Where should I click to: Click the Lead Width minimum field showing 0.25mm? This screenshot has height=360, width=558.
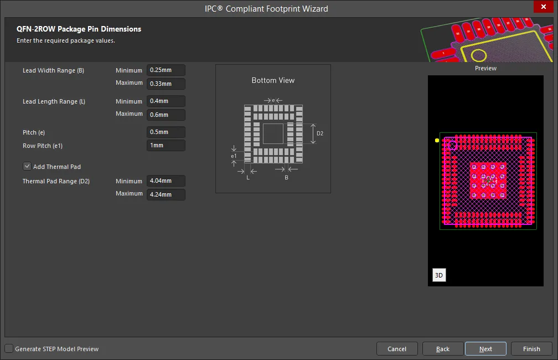(x=166, y=70)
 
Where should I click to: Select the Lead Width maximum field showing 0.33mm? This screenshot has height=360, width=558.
(x=166, y=84)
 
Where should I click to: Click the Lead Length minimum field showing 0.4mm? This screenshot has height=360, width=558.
(x=166, y=101)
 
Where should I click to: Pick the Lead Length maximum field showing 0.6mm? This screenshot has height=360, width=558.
(x=166, y=115)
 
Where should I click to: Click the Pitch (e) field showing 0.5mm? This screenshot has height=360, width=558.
(x=166, y=132)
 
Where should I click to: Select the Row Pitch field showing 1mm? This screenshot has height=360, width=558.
(x=166, y=145)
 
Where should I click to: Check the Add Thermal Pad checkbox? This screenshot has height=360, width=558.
(x=27, y=166)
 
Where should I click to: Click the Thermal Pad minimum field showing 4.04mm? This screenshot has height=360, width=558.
(x=166, y=181)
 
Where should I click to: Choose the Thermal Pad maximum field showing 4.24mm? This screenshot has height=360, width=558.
(x=166, y=194)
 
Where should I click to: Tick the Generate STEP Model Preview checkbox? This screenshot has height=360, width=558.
(x=9, y=348)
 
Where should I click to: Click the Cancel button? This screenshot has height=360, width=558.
(x=397, y=349)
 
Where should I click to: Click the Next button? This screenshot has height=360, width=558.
(x=485, y=349)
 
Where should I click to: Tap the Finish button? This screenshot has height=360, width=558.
(x=531, y=349)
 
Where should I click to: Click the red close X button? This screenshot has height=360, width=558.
(x=544, y=7)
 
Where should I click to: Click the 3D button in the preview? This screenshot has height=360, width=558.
(x=439, y=275)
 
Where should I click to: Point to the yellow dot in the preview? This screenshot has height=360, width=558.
(x=437, y=140)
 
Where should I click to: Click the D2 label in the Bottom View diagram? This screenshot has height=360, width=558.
(x=320, y=133)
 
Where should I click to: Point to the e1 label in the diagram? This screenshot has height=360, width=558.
(x=234, y=156)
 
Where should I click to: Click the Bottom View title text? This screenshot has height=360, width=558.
(x=273, y=80)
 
